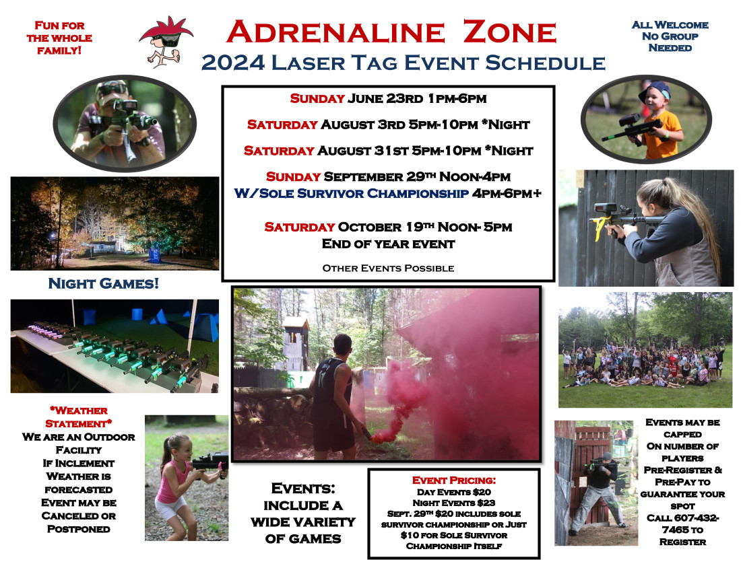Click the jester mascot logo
pyautogui.click(x=166, y=42)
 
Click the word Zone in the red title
pyautogui.click(x=510, y=32)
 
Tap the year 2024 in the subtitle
pyautogui.click(x=232, y=63)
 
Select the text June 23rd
pyautogui.click(x=385, y=99)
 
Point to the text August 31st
pyautogui.click(x=362, y=151)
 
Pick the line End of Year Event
pyautogui.click(x=388, y=244)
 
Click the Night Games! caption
pyautogui.click(x=104, y=283)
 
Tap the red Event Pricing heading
pyautogui.click(x=453, y=480)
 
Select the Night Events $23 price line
pyautogui.click(x=453, y=503)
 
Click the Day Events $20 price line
pyautogui.click(x=453, y=492)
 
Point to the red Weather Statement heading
pyautogui.click(x=78, y=417)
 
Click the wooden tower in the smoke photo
pyautogui.click(x=295, y=343)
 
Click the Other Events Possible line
pyautogui.click(x=388, y=269)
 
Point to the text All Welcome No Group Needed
pyautogui.click(x=670, y=36)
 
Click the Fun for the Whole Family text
pyautogui.click(x=59, y=38)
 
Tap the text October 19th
pyautogui.click(x=383, y=227)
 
